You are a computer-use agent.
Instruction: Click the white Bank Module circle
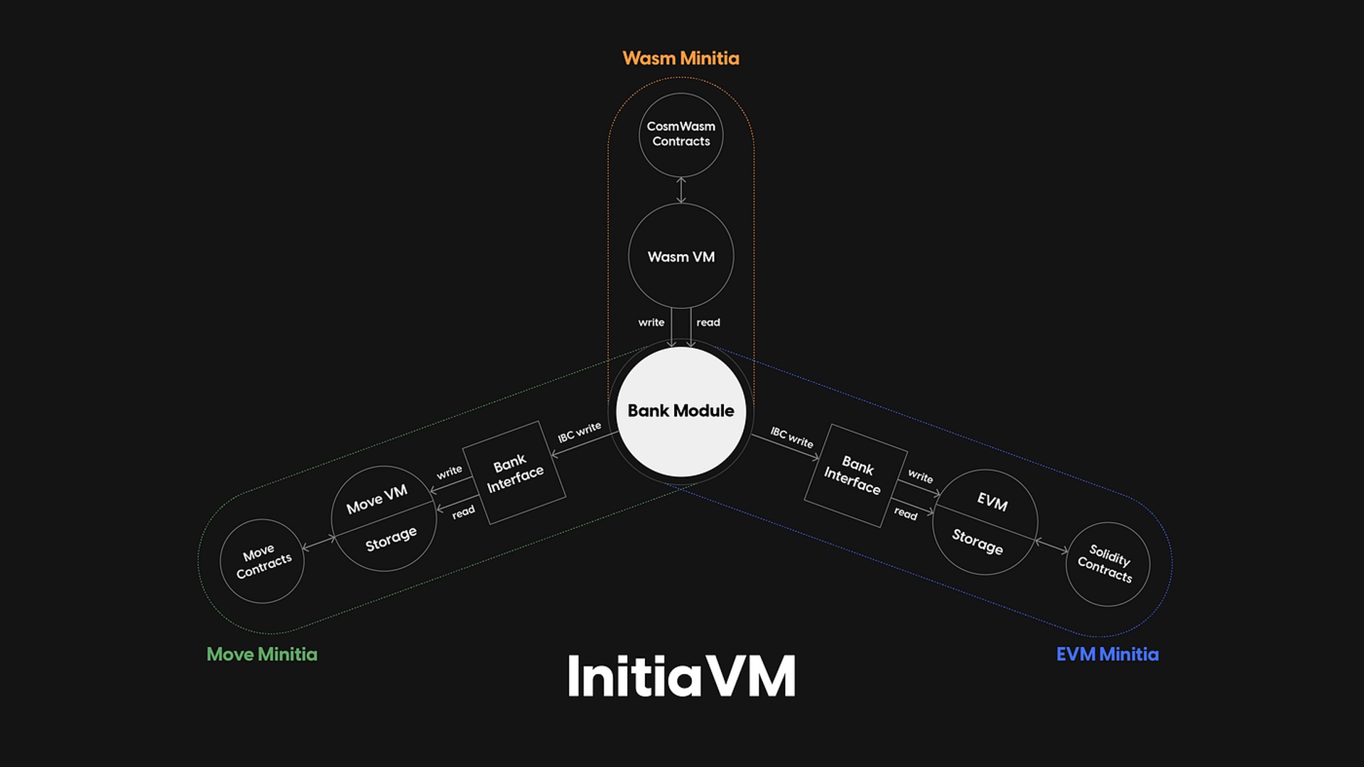tap(681, 411)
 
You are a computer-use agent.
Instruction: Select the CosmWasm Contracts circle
tap(681, 134)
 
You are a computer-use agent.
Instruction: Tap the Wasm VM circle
tap(681, 256)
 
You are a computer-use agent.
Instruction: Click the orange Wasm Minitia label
tap(681, 58)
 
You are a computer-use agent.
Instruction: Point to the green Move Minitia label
tap(261, 654)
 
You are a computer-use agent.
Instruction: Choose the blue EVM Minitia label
tap(1107, 654)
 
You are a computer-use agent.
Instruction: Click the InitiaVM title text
tap(681, 676)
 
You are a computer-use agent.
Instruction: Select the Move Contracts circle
tap(262, 561)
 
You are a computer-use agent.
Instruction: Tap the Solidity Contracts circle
tap(1107, 564)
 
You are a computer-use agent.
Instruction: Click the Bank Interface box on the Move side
tap(514, 473)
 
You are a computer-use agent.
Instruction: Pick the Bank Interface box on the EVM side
tap(855, 475)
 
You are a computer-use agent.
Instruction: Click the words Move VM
tap(377, 499)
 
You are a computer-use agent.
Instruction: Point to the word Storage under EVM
tap(978, 541)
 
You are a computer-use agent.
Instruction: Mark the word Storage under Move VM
tap(391, 539)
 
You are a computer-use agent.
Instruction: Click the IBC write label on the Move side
tap(579, 432)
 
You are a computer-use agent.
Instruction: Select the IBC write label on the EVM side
tap(791, 437)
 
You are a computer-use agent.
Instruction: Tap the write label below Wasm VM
tap(651, 322)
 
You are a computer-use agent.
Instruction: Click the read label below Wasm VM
tap(708, 322)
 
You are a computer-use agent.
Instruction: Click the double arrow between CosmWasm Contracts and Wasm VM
tap(681, 190)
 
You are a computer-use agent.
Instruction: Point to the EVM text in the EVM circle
tap(992, 501)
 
